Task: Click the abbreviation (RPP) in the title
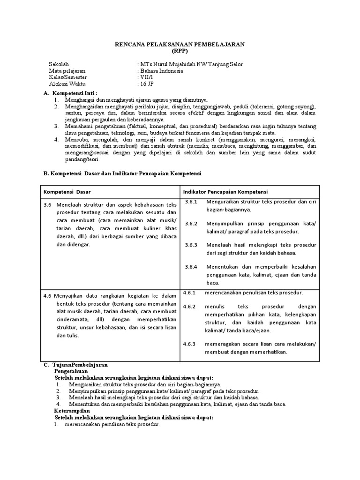[180, 51]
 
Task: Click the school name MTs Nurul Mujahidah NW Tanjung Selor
[191, 64]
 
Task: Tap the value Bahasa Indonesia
[161, 71]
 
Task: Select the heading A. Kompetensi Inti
[74, 93]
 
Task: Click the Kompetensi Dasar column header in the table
[67, 192]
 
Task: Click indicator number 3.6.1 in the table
[191, 202]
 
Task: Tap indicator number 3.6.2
[191, 224]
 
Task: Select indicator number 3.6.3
[191, 245]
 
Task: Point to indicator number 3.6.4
[191, 266]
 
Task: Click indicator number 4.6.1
[191, 292]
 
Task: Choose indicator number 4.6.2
[191, 307]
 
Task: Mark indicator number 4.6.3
[191, 344]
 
